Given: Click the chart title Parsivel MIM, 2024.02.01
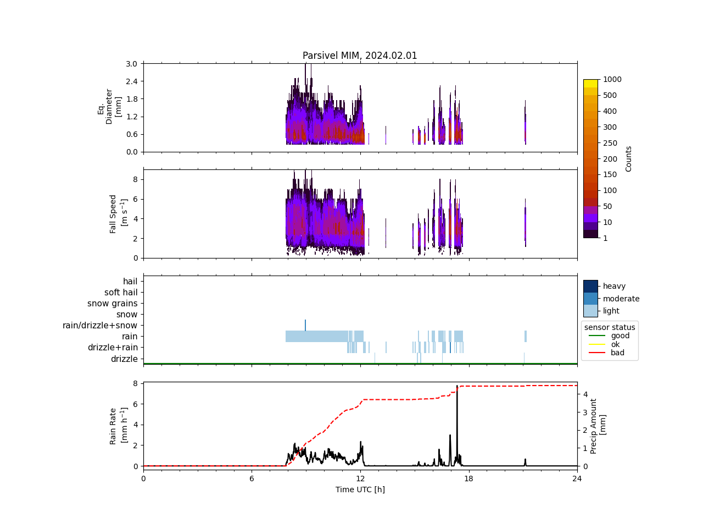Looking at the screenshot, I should [360, 56].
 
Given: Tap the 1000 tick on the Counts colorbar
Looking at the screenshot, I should [612, 79].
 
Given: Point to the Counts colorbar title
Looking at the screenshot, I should [629, 158].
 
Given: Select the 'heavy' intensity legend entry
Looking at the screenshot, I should [614, 286].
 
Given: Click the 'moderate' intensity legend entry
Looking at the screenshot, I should [621, 299].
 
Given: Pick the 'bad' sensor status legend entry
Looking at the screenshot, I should [617, 353].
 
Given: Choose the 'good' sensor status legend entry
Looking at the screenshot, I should [620, 335].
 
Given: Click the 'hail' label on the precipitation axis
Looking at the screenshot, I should [130, 282].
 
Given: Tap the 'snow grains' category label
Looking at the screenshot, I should [112, 304].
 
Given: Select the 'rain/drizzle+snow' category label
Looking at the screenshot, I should [100, 326].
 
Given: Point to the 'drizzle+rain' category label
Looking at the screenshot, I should [113, 348].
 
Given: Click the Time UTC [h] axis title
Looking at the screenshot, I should [360, 490].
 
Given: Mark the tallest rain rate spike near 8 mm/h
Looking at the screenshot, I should [457, 387].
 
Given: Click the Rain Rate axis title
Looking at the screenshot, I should [117, 426].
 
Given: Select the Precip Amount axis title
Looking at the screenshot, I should [598, 426].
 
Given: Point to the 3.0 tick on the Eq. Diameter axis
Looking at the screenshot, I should [131, 64].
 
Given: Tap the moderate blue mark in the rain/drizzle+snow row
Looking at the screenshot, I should [305, 325].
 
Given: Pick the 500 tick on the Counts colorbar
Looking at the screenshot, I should [610, 95].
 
